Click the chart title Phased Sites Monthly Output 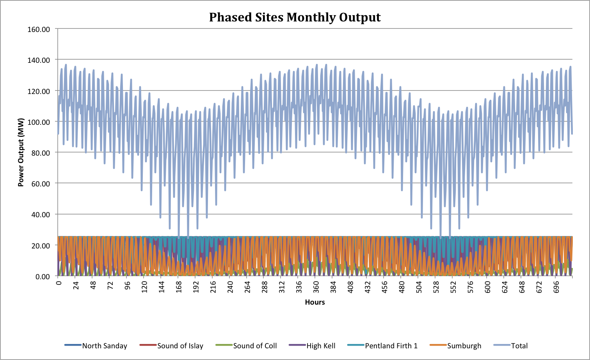295,18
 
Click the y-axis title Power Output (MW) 21,152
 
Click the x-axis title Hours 315,302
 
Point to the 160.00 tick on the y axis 39,29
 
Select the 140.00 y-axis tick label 39,60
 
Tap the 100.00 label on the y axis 39,122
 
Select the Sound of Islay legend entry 180,346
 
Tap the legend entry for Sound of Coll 255,346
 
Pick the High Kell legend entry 321,346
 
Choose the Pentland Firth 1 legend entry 391,346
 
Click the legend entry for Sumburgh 464,346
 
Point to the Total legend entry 519,346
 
